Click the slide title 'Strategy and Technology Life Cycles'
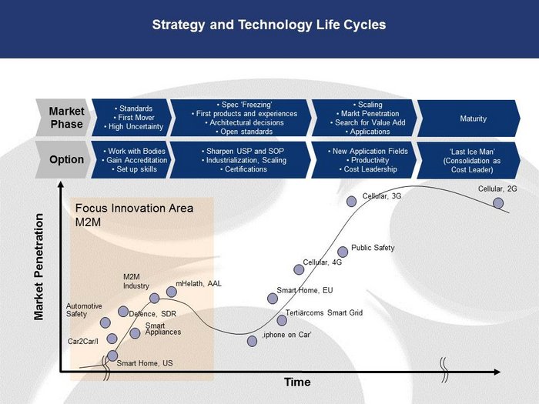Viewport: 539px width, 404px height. tap(269, 25)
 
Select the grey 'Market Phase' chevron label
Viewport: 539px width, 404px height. tap(64, 118)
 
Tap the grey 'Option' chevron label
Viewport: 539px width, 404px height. tap(64, 160)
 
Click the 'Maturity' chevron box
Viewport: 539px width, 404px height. tap(469, 119)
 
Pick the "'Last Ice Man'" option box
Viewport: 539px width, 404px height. tap(469, 160)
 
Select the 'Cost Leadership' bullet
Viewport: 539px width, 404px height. tap(368, 169)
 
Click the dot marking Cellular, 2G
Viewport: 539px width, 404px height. tap(498, 203)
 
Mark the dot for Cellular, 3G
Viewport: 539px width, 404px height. tap(351, 202)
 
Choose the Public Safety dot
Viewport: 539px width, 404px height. tap(343, 252)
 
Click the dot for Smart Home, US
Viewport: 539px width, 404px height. tap(112, 356)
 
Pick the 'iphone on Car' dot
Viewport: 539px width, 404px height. tap(252, 341)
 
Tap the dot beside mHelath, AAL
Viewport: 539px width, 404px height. tap(172, 292)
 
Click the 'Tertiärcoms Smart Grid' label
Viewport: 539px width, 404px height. tap(324, 312)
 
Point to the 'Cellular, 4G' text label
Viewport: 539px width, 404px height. tap(323, 262)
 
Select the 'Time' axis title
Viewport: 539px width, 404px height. tap(297, 382)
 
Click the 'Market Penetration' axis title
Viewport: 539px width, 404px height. tap(39, 267)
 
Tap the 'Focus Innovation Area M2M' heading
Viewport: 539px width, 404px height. tap(134, 215)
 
